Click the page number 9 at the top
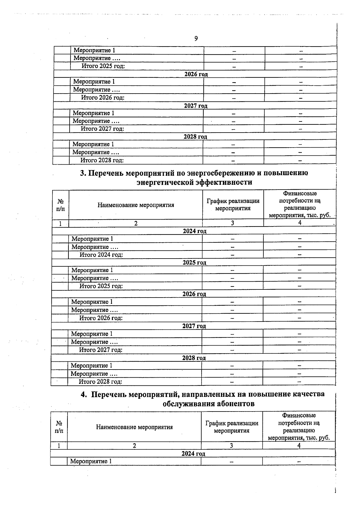[196, 38]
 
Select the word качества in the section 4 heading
[309, 394]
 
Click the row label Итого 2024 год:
[101, 255]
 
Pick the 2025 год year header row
[194, 262]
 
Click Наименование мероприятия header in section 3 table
[136, 205]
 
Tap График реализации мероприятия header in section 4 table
[232, 427]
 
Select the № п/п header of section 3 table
[60, 205]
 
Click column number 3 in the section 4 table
[231, 446]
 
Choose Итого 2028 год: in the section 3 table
[100, 382]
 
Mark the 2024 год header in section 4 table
[193, 454]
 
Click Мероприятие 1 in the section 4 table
[91, 461]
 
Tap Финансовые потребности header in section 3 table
[300, 204]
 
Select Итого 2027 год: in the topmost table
[102, 129]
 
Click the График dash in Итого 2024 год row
[232, 255]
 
